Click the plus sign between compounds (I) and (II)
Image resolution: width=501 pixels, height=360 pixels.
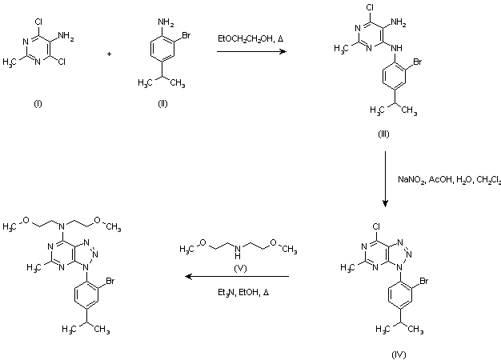[108, 54]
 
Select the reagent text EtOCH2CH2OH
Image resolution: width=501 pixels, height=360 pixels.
[246, 38]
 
